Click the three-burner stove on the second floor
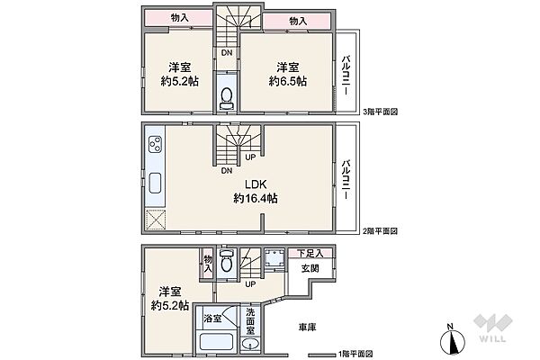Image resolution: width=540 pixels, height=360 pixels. point(154,145)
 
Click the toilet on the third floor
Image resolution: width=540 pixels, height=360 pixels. point(227,99)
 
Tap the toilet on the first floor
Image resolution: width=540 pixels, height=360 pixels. point(227,265)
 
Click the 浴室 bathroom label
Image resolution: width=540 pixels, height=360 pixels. point(211,319)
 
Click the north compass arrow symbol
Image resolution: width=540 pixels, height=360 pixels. point(453,339)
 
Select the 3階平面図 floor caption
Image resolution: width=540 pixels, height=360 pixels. point(380,112)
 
